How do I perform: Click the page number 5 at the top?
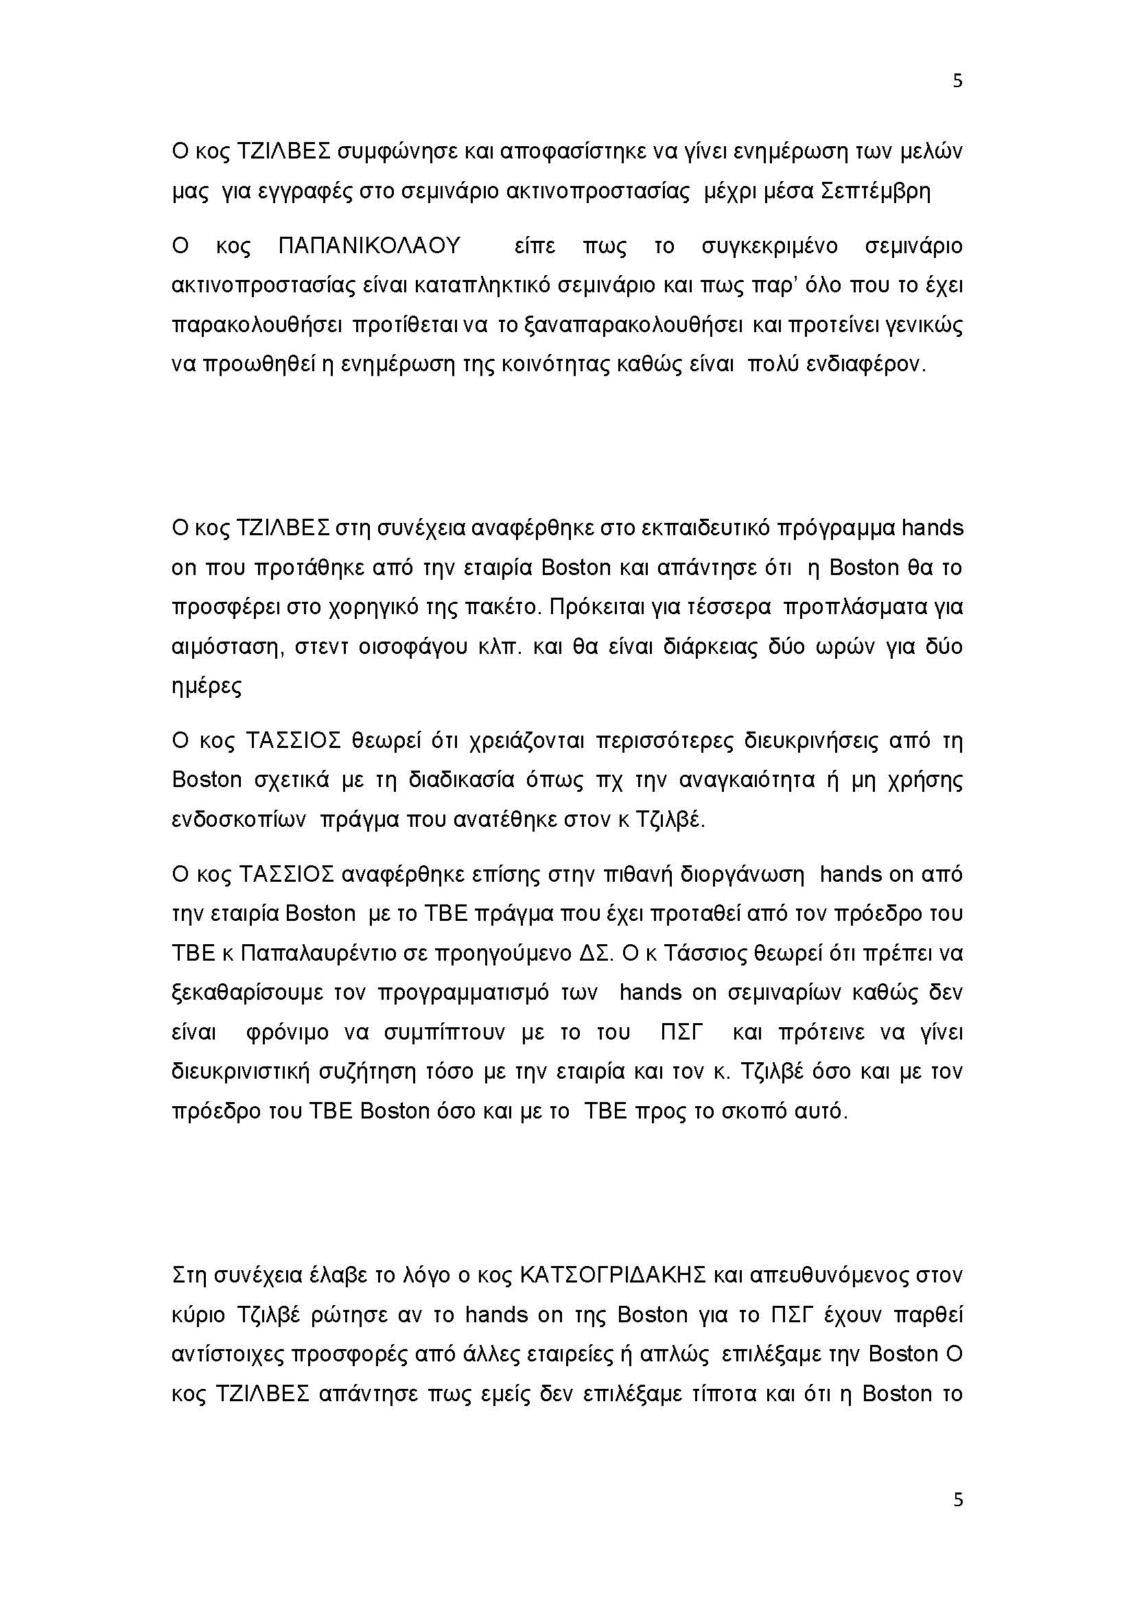coord(957,81)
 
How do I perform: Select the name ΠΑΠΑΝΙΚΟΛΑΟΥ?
coord(370,246)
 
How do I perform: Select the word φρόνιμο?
coord(288,1033)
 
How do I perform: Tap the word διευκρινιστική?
coord(239,1072)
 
